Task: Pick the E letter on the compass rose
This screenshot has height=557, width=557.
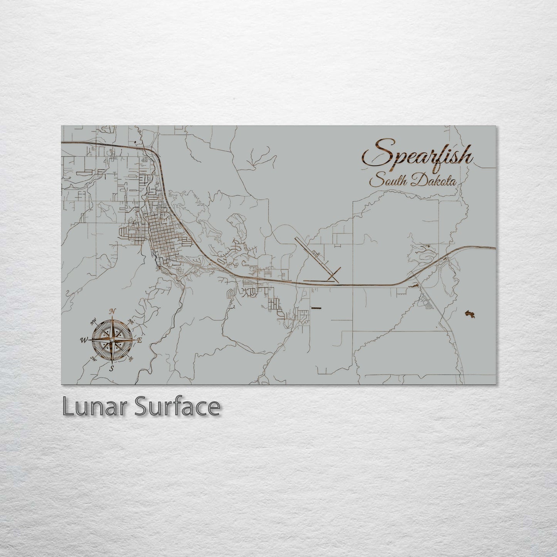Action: click(x=140, y=340)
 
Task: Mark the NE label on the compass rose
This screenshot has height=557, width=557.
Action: click(x=130, y=321)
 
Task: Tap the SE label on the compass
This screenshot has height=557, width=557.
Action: click(x=131, y=359)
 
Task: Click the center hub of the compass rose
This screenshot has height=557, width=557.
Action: click(x=112, y=340)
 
